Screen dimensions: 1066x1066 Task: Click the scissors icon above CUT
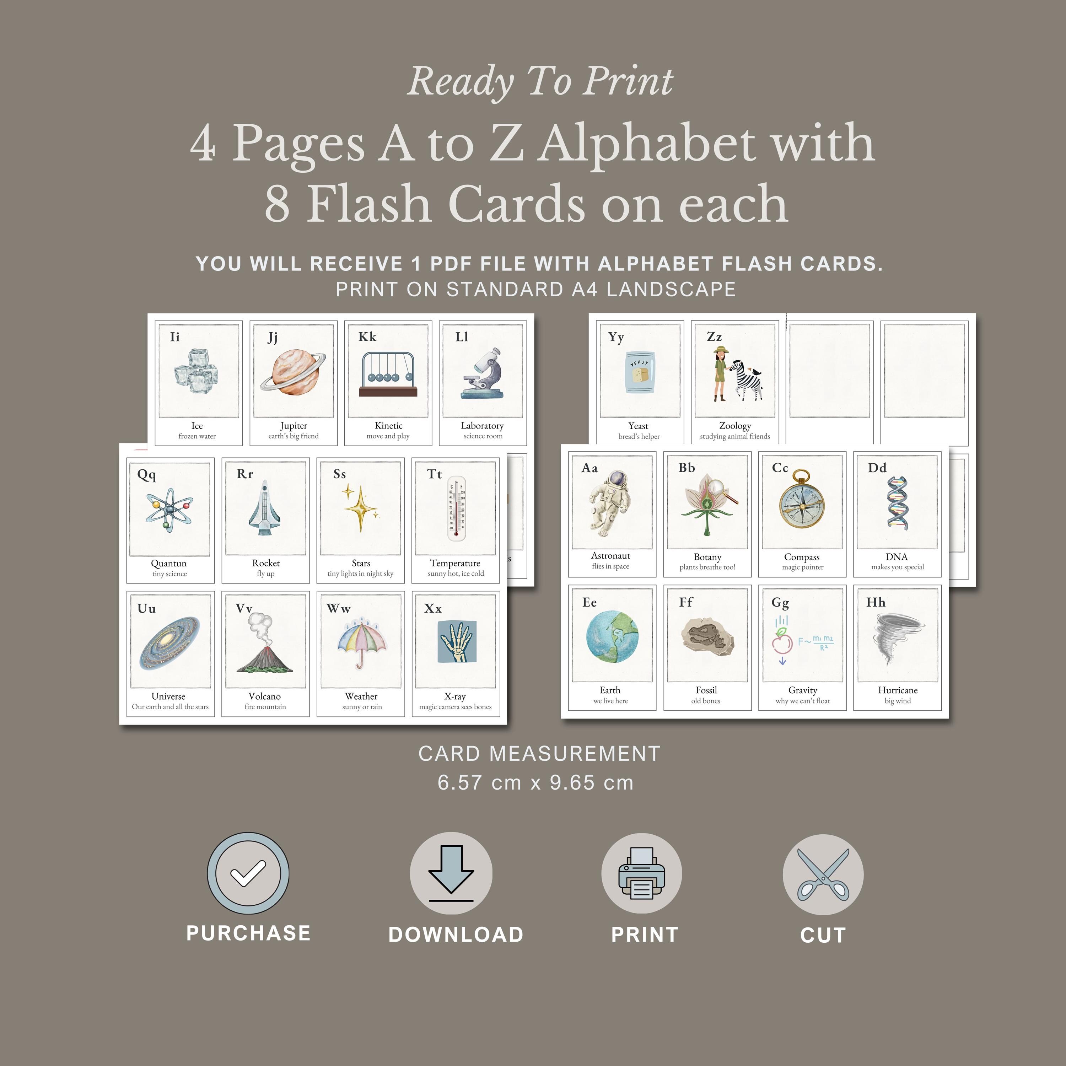[x=823, y=874]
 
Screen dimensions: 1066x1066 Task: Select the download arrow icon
[x=451, y=873]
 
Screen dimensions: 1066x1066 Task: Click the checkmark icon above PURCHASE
[x=248, y=873]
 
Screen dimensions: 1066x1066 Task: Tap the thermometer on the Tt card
[x=456, y=508]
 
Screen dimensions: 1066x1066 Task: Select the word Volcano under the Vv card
[x=265, y=696]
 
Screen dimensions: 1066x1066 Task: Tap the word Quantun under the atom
[x=169, y=563]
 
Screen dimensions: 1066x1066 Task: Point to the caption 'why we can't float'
[x=802, y=701]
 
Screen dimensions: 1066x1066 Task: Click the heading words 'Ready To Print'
[x=540, y=82]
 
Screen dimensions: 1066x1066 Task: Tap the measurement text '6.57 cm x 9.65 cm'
[x=535, y=782]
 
